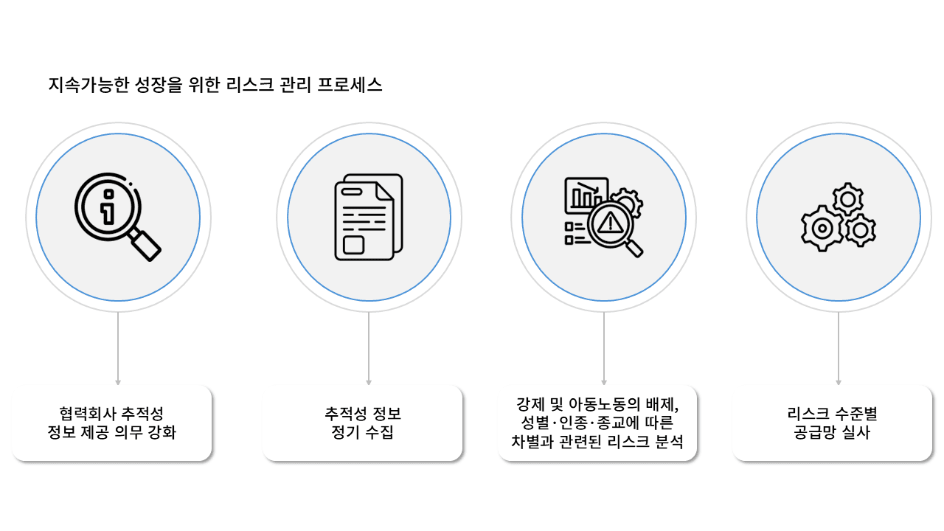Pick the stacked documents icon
click(369, 218)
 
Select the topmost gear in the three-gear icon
click(847, 199)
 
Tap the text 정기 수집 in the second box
click(364, 433)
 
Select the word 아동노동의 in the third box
click(606, 405)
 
